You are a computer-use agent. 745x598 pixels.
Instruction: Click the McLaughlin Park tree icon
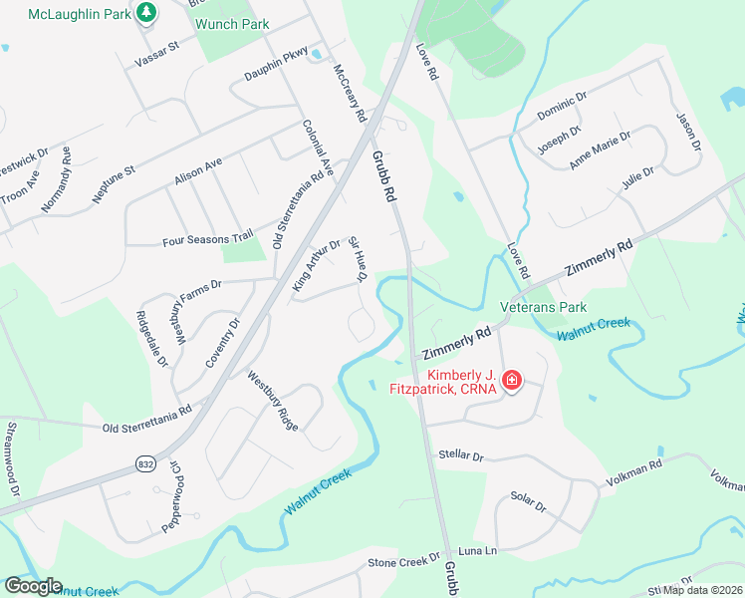click(x=147, y=12)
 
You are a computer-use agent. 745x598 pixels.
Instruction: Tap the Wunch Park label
click(x=232, y=22)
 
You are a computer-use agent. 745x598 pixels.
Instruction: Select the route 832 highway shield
click(x=144, y=464)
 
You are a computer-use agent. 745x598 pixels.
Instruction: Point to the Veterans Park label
click(x=544, y=308)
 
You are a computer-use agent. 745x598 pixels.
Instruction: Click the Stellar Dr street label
click(x=460, y=456)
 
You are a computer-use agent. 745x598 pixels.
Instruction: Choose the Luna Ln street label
click(x=477, y=551)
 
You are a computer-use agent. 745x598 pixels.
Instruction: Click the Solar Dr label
click(x=528, y=501)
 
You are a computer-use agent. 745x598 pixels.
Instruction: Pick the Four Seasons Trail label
click(x=207, y=240)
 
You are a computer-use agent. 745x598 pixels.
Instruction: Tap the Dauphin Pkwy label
click(x=276, y=68)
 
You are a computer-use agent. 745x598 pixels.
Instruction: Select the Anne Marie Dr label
click(x=600, y=149)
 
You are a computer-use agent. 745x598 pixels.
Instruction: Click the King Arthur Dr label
click(x=316, y=266)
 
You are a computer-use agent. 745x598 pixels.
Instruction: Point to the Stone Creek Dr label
click(x=403, y=562)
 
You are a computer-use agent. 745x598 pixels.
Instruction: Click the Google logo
click(x=33, y=586)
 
